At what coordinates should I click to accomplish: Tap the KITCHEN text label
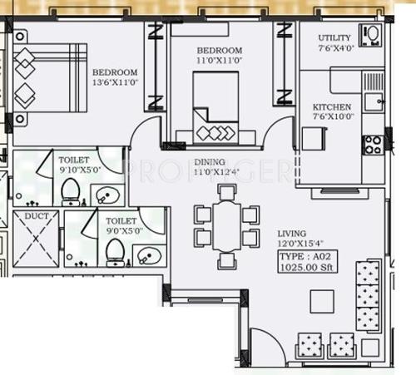[331, 107]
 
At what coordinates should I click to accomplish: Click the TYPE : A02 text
[304, 258]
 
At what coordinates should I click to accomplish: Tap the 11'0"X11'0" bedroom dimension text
[219, 61]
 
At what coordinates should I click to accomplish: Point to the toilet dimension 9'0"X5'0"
[121, 231]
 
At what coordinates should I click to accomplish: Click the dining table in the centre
[226, 226]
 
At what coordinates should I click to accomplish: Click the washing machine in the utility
[369, 36]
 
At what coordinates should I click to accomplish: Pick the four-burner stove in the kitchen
[372, 145]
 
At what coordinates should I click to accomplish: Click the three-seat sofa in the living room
[367, 296]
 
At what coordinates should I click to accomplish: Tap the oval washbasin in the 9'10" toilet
[106, 195]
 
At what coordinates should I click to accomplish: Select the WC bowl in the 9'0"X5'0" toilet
[116, 251]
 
